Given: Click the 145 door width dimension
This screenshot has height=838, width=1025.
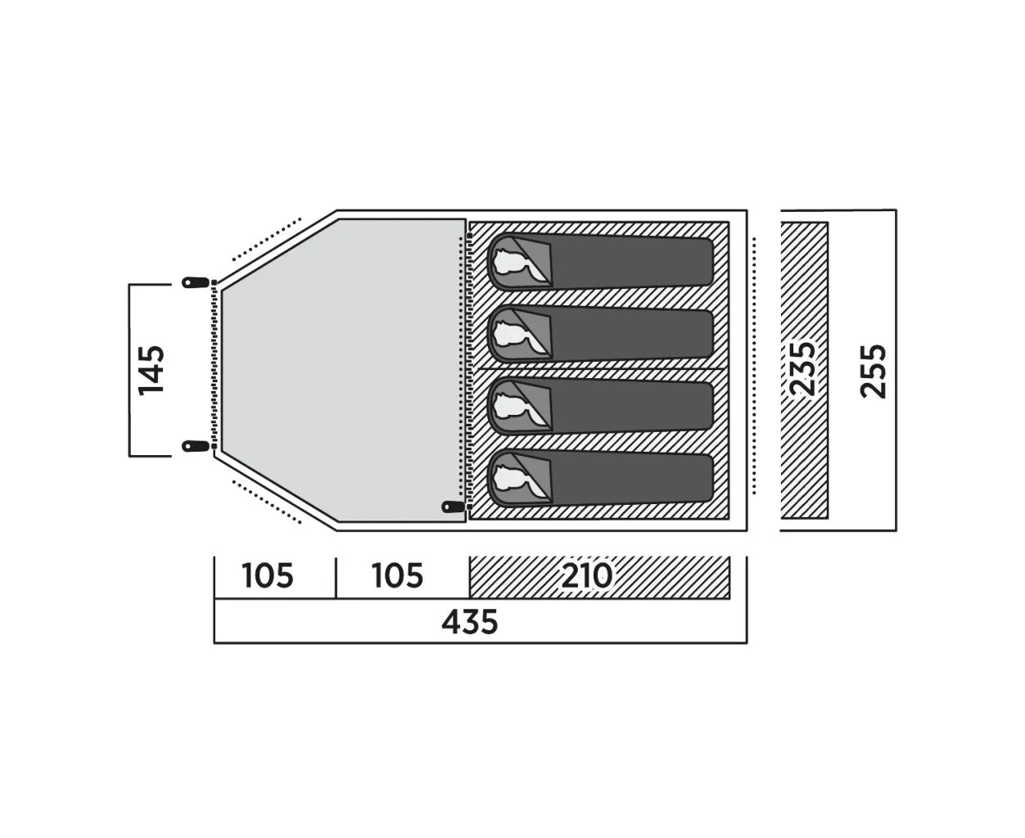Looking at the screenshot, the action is tap(151, 370).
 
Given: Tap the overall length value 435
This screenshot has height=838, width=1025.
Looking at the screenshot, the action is tap(470, 622).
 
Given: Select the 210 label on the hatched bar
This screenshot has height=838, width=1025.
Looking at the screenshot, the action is tap(587, 576).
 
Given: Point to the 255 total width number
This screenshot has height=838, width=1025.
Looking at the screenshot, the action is tap(874, 372).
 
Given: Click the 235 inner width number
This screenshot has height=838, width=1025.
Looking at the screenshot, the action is tap(802, 369).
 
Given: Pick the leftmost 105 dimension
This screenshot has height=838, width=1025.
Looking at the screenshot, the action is tap(268, 576).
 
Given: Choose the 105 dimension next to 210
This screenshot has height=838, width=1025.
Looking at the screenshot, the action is tap(398, 576).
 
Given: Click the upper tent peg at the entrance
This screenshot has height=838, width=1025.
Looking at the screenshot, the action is tap(196, 282).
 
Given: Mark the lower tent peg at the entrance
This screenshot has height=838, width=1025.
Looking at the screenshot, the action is tap(196, 445).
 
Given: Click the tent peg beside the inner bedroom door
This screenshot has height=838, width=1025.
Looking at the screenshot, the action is tap(454, 507).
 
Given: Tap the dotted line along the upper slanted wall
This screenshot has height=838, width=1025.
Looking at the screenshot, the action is tap(266, 240).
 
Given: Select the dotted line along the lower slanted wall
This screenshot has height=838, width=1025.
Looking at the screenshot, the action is tap(266, 502).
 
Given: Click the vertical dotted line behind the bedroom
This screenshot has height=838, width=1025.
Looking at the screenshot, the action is tap(754, 366).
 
